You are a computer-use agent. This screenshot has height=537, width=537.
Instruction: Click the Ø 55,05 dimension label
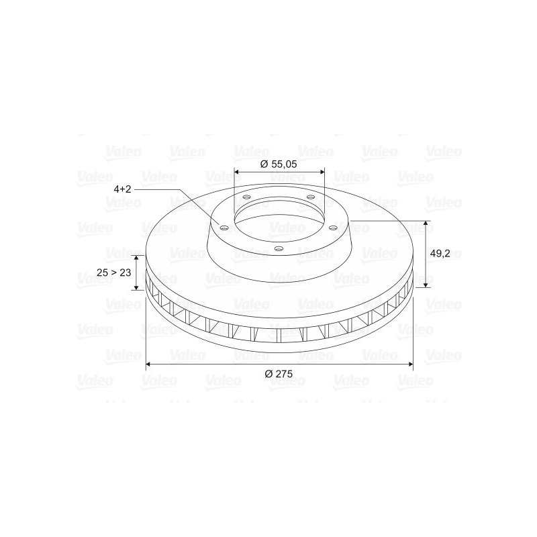(x=279, y=164)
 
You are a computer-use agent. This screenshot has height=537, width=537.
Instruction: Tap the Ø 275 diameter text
(x=279, y=374)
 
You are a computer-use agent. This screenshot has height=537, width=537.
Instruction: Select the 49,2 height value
(x=440, y=254)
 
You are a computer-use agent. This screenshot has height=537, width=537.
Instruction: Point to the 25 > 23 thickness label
(x=113, y=273)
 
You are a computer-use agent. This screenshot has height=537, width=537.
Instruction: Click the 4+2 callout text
(x=122, y=189)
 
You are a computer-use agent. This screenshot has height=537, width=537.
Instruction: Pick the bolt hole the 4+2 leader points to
(x=224, y=228)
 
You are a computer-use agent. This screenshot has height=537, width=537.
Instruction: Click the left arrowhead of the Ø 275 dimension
(x=148, y=364)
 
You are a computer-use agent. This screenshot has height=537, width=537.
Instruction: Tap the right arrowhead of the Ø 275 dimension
(x=411, y=364)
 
